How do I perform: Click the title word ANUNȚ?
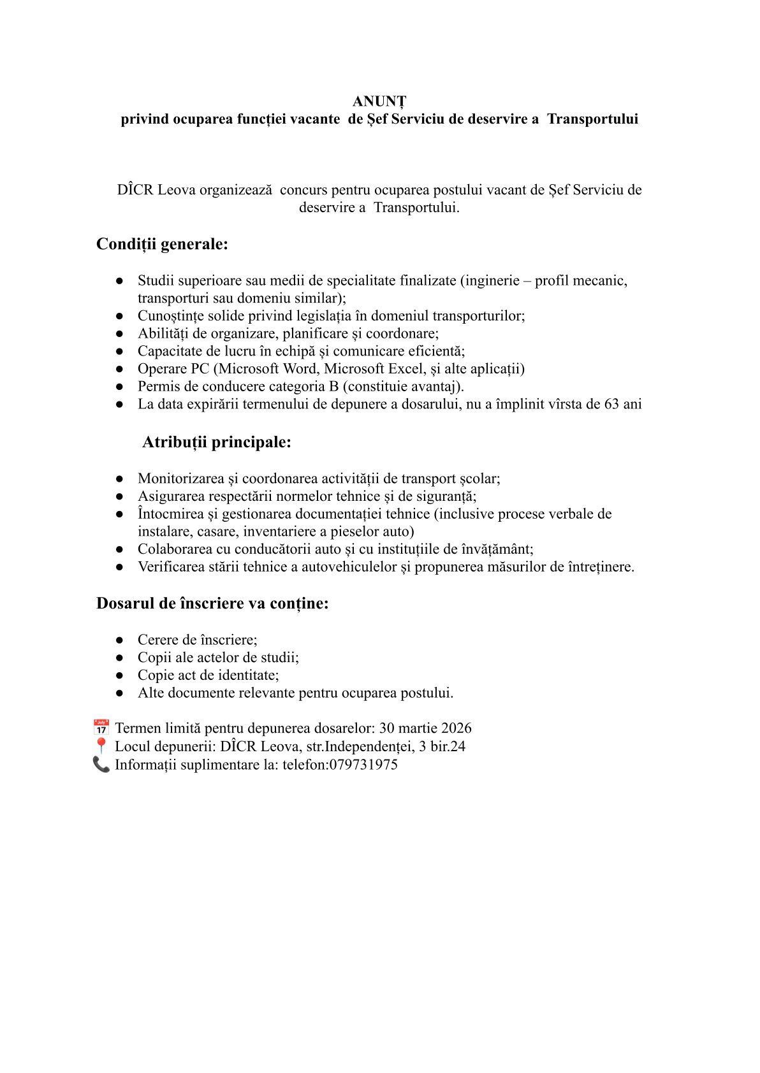tap(379, 101)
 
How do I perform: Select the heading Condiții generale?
tap(162, 244)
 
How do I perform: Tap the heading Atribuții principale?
tap(217, 442)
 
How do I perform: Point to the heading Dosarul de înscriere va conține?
tap(212, 603)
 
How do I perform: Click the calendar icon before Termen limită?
tap(101, 728)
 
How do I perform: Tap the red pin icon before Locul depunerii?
tap(101, 746)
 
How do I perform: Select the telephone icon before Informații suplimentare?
tap(101, 765)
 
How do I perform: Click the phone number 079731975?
tap(363, 765)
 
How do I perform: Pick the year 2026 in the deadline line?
tap(456, 728)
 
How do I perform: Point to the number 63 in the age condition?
tap(612, 404)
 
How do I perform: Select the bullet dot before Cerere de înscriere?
tap(119, 640)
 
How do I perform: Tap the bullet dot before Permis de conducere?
tap(119, 387)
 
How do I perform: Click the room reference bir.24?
tap(448, 746)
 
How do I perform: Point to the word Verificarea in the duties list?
tap(172, 567)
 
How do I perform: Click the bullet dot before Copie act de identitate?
tap(119, 675)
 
